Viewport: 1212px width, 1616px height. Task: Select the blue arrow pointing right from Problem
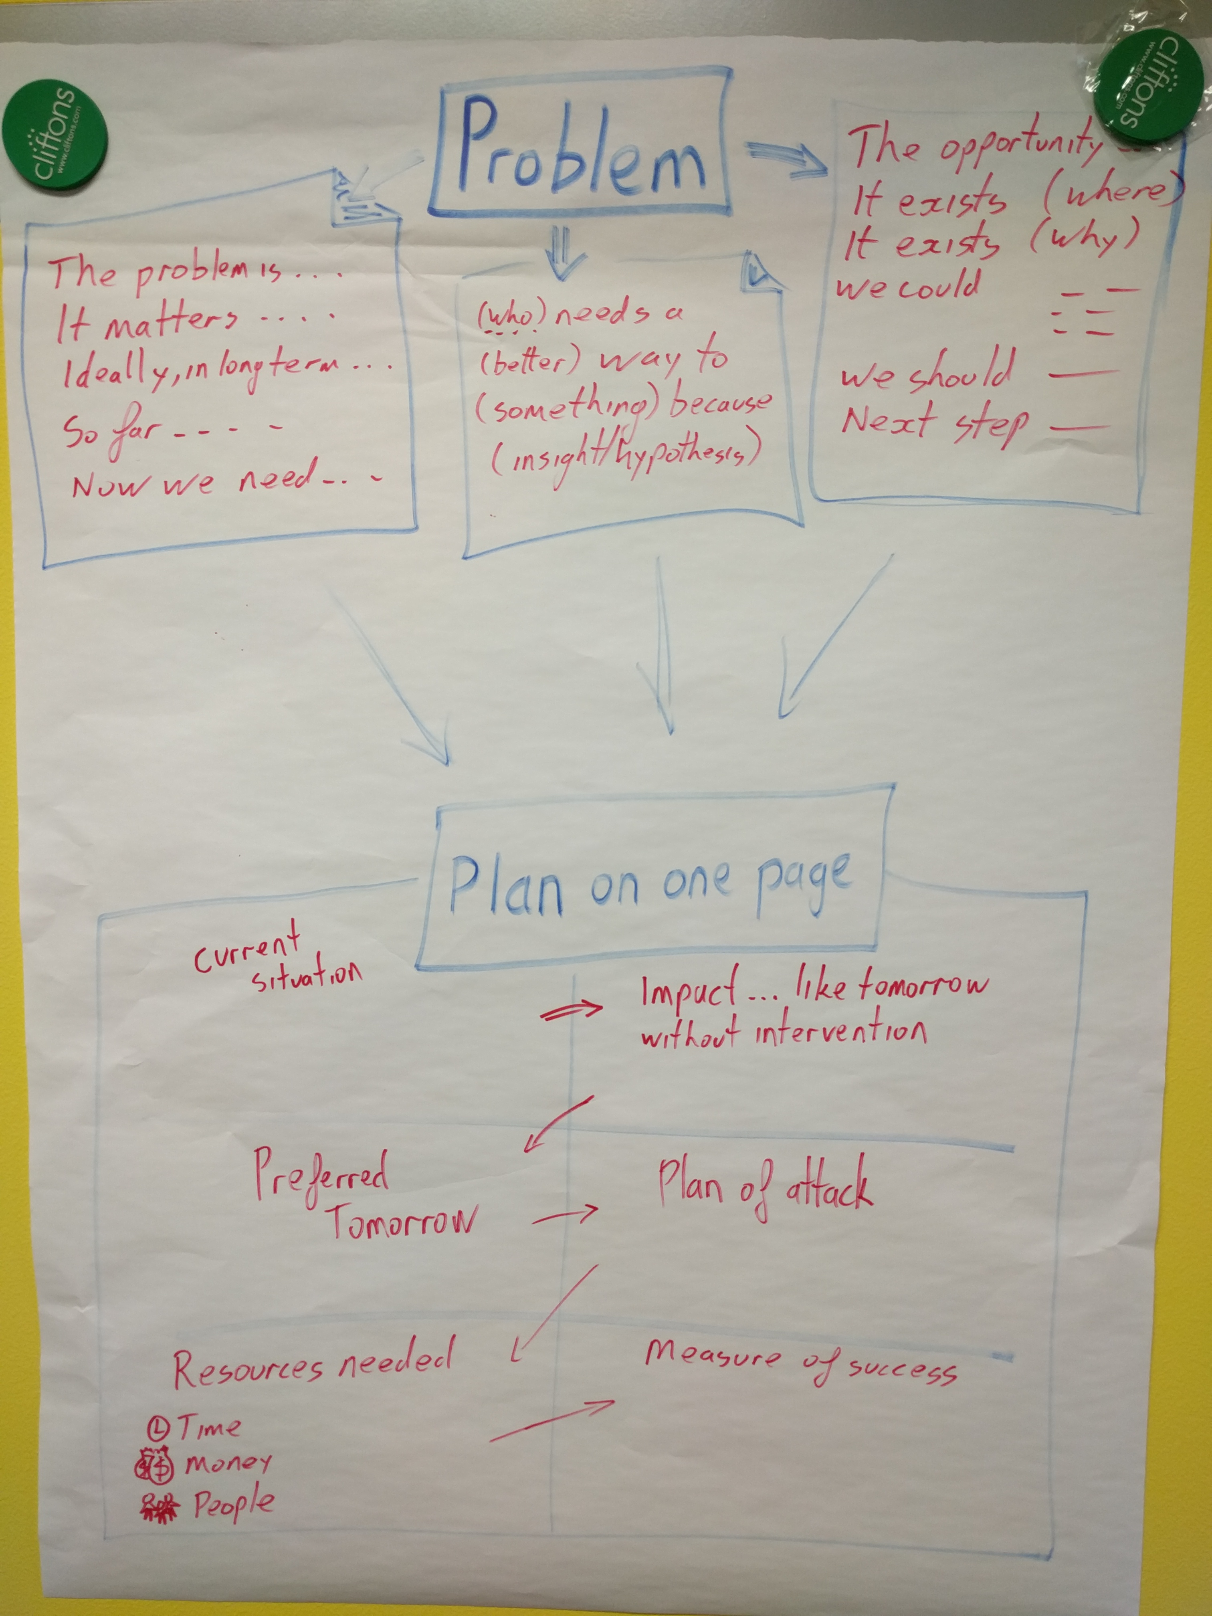coord(785,159)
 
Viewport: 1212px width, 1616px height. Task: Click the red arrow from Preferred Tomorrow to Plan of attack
coord(564,1215)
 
